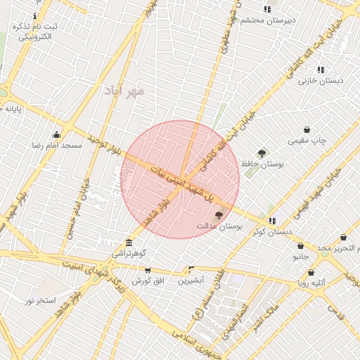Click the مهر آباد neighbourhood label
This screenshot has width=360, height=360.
(x=124, y=89)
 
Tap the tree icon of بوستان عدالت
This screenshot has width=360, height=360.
(x=219, y=215)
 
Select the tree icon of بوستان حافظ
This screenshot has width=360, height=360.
(x=262, y=153)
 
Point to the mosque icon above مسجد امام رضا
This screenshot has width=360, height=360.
(x=56, y=134)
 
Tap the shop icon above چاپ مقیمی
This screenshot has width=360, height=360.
(x=307, y=129)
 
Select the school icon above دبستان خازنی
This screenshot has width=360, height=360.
(x=321, y=70)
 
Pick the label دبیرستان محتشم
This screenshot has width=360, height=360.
(x=268, y=20)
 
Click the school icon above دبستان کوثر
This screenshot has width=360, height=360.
(x=272, y=221)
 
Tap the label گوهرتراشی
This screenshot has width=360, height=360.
(x=129, y=252)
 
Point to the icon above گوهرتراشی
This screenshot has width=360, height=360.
(x=128, y=243)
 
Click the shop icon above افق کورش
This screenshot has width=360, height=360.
(x=148, y=270)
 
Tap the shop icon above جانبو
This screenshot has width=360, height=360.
(x=301, y=246)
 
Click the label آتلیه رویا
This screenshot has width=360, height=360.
(x=312, y=283)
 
